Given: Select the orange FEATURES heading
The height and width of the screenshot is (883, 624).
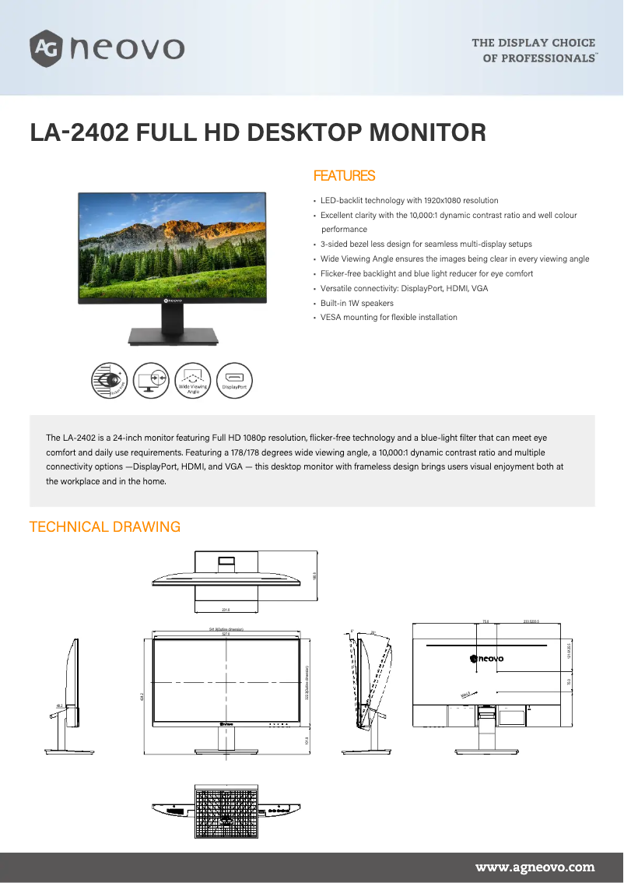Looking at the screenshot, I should (x=344, y=176).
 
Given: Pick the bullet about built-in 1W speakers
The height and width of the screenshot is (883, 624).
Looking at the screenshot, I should (x=357, y=303).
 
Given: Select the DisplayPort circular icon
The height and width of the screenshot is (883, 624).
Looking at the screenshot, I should (x=234, y=380).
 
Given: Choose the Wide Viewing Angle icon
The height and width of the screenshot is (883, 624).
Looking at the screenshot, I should (x=193, y=380).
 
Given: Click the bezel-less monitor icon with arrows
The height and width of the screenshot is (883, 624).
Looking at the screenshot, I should (x=152, y=380).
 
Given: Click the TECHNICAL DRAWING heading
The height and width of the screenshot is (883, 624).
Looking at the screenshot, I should (x=105, y=527).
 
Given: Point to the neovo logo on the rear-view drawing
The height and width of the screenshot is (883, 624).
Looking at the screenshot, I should (x=487, y=659).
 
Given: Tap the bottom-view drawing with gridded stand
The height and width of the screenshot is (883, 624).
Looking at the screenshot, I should (x=226, y=811).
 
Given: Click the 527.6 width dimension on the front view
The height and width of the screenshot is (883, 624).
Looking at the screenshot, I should (x=226, y=634).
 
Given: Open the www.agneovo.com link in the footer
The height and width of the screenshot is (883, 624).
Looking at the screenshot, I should (x=535, y=867).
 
